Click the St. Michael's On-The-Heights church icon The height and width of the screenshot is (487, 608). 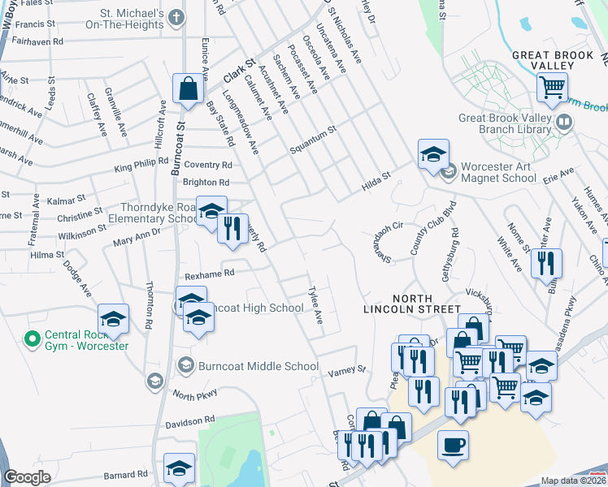pyautogui.click(x=177, y=16)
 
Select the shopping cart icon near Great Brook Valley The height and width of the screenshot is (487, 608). pyautogui.click(x=553, y=85)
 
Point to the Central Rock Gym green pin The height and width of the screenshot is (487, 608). pyautogui.click(x=33, y=338)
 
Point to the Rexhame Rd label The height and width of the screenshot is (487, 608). pyautogui.click(x=209, y=274)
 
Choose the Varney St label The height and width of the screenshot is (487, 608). pyautogui.click(x=348, y=373)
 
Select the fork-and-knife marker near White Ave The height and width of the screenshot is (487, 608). pyautogui.click(x=546, y=263)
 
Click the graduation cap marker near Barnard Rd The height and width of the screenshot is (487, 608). pyautogui.click(x=179, y=468)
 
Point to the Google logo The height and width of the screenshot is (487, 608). pyautogui.click(x=27, y=477)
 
